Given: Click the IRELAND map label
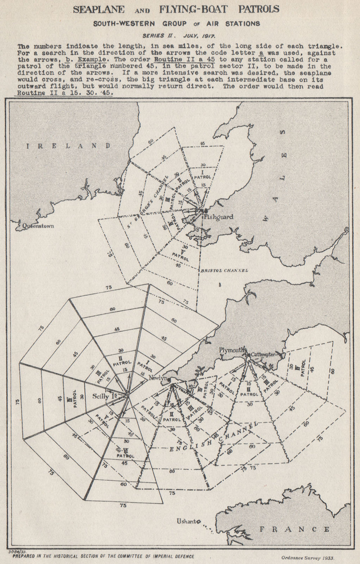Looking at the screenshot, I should pyautogui.click(x=68, y=146).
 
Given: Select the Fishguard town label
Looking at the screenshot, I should pyautogui.click(x=218, y=217).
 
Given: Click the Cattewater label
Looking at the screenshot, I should pyautogui.click(x=263, y=354).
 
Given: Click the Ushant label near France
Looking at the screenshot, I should pyautogui.click(x=186, y=521).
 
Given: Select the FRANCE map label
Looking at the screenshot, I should pyautogui.click(x=294, y=529).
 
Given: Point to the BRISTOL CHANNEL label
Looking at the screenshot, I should pyautogui.click(x=224, y=270).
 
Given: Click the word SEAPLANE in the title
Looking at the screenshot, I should pyautogui.click(x=99, y=10).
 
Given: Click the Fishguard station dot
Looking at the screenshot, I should pyautogui.click(x=206, y=210).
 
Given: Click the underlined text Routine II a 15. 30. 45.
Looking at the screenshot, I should pyautogui.click(x=63, y=93).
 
